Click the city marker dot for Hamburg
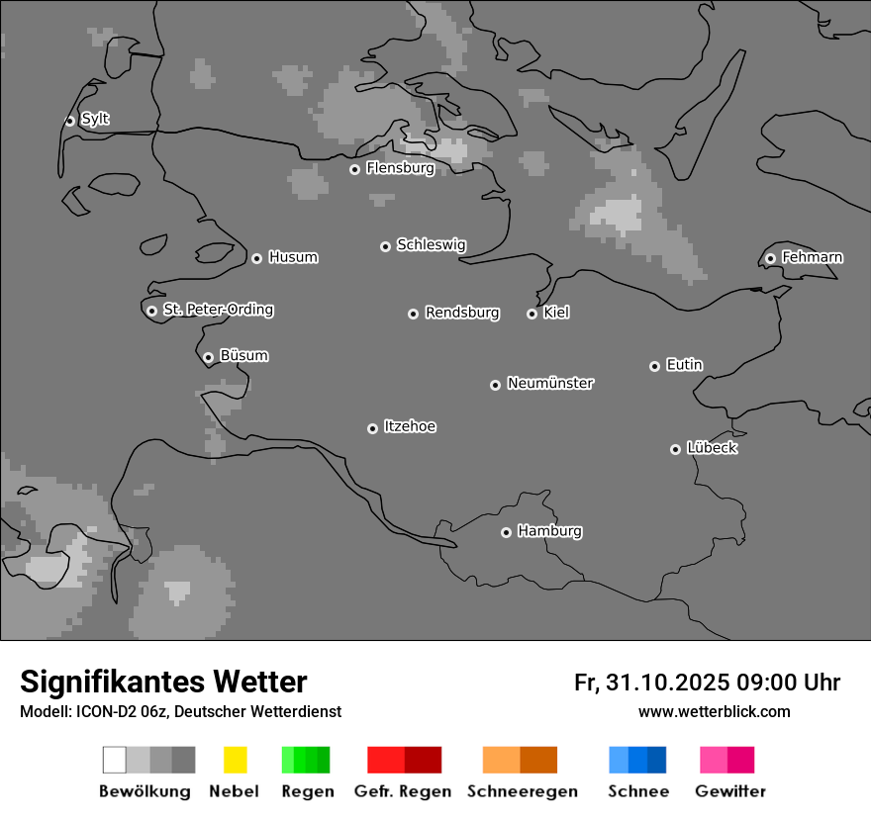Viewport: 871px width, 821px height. click(506, 532)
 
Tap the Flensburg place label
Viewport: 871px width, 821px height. click(400, 168)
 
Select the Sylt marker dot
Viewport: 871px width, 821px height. click(69, 121)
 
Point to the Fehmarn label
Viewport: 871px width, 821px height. click(812, 257)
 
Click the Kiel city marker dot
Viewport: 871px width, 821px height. click(532, 314)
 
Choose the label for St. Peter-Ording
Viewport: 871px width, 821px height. click(218, 310)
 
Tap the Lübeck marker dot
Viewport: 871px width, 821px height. click(675, 449)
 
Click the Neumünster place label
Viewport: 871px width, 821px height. click(550, 383)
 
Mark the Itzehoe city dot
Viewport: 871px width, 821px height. click(372, 428)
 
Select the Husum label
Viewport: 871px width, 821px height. click(293, 257)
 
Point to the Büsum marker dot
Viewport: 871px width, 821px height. click(208, 357)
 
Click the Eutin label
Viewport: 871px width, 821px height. click(684, 365)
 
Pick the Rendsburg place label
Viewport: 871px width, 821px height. click(462, 313)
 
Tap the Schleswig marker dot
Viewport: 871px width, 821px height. click(385, 246)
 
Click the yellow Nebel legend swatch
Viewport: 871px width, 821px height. click(236, 760)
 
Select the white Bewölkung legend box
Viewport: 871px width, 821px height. click(114, 760)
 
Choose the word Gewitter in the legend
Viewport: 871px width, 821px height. click(730, 791)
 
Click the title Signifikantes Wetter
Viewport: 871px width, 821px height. click(163, 682)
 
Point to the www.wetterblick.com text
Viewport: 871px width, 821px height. click(714, 711)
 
